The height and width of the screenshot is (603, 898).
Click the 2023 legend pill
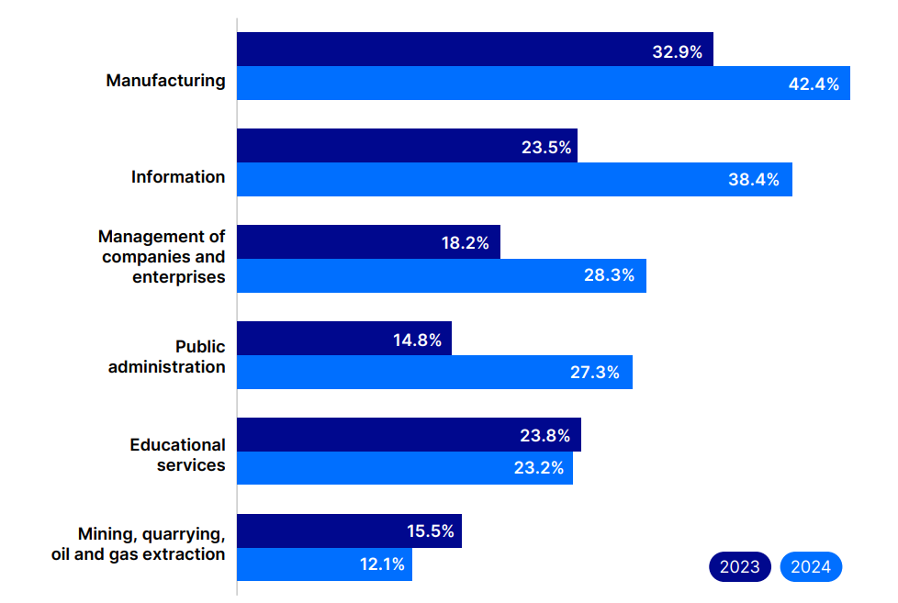(739, 567)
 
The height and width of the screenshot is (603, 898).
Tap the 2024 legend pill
(811, 567)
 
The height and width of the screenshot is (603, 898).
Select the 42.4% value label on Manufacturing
(814, 84)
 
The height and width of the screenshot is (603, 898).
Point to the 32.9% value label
(677, 51)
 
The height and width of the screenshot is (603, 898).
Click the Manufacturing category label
(165, 81)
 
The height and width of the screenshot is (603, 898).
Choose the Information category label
(178, 177)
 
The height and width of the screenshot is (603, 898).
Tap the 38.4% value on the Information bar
(754, 180)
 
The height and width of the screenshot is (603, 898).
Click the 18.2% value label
(465, 244)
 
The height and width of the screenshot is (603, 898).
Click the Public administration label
(167, 357)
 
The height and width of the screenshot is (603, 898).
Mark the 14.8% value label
(417, 341)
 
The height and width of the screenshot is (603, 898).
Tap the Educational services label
(177, 455)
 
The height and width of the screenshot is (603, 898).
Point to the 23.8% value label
(545, 436)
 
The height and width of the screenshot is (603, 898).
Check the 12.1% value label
(381, 564)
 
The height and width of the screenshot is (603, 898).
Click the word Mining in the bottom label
(105, 534)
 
